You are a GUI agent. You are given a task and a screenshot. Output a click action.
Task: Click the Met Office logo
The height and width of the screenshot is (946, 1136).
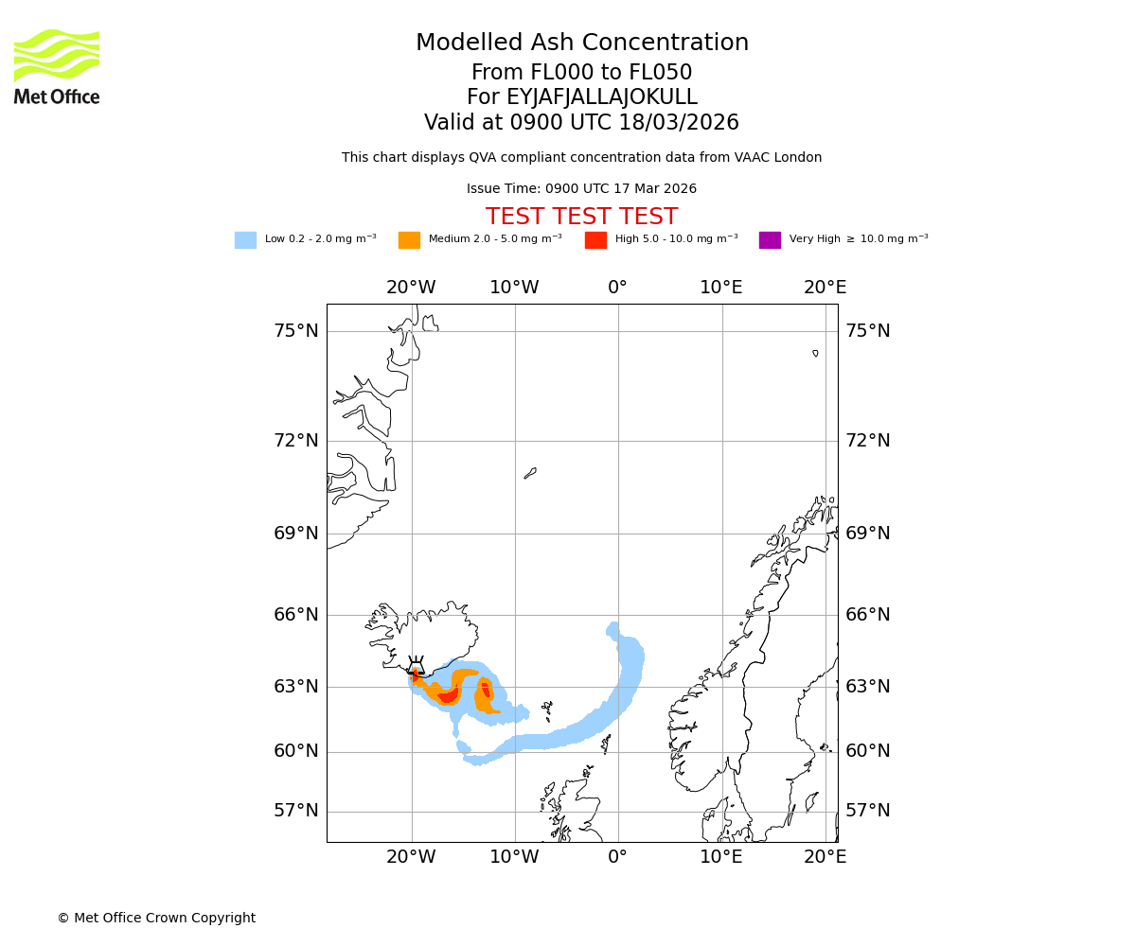pyautogui.click(x=57, y=66)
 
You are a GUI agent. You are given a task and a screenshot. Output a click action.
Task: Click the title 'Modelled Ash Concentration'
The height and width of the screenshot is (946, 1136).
pyautogui.click(x=582, y=44)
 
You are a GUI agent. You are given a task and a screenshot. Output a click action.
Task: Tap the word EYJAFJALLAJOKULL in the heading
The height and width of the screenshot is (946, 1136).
pyautogui.click(x=601, y=97)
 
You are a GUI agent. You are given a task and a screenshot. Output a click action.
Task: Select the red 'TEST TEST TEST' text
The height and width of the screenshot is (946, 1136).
pyautogui.click(x=581, y=218)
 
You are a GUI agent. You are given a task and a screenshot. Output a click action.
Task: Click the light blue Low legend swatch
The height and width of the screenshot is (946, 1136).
pyautogui.click(x=245, y=240)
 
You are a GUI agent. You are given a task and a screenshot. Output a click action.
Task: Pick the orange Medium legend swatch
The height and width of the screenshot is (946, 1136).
pyautogui.click(x=409, y=240)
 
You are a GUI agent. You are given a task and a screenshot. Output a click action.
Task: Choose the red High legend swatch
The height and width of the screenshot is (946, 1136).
pyautogui.click(x=595, y=240)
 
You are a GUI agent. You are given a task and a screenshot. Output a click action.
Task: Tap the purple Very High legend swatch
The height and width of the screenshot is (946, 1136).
pyautogui.click(x=770, y=240)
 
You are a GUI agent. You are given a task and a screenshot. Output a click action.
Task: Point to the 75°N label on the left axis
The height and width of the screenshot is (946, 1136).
pyautogui.click(x=296, y=331)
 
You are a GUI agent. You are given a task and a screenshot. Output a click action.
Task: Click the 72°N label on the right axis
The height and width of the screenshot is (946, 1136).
pyautogui.click(x=868, y=441)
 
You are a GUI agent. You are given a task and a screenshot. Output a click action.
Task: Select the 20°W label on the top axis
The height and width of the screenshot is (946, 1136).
pyautogui.click(x=411, y=288)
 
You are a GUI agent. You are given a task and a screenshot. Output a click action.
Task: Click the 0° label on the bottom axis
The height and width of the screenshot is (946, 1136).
pyautogui.click(x=618, y=857)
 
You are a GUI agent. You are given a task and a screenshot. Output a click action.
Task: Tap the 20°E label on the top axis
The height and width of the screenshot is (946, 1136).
pyautogui.click(x=825, y=288)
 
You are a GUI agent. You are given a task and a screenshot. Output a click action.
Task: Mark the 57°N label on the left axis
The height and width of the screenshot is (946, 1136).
pyautogui.click(x=296, y=811)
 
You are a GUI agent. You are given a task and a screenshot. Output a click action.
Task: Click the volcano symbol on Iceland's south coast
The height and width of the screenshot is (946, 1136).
pyautogui.click(x=416, y=665)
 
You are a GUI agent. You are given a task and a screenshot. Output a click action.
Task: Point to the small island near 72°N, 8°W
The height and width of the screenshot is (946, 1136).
pyautogui.click(x=530, y=473)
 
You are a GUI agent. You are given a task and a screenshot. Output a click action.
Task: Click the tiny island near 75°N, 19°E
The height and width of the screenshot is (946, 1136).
pyautogui.click(x=815, y=353)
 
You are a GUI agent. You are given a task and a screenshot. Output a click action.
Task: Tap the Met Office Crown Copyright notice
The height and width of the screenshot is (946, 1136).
pyautogui.click(x=156, y=919)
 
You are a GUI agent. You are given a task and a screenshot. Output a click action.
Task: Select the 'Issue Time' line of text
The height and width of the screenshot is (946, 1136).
pyautogui.click(x=581, y=189)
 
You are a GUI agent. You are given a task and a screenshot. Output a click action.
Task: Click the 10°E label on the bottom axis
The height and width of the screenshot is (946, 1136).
pyautogui.click(x=721, y=857)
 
